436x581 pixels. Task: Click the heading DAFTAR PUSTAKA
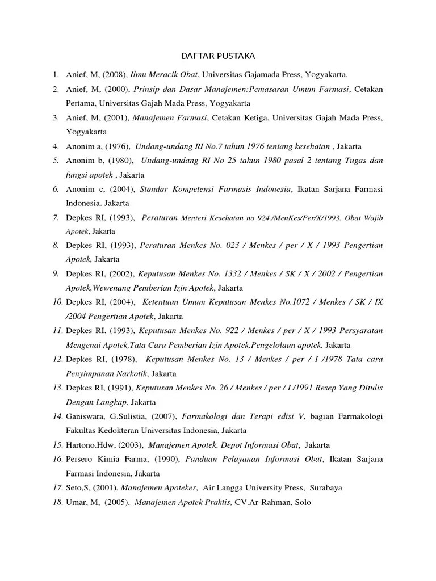[x=218, y=56]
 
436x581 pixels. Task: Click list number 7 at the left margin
[x=56, y=217]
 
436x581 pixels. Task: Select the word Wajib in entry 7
[x=372, y=218]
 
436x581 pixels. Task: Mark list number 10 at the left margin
[x=57, y=302]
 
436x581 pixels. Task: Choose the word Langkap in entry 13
[x=112, y=402]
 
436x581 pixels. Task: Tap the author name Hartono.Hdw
[x=90, y=445]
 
